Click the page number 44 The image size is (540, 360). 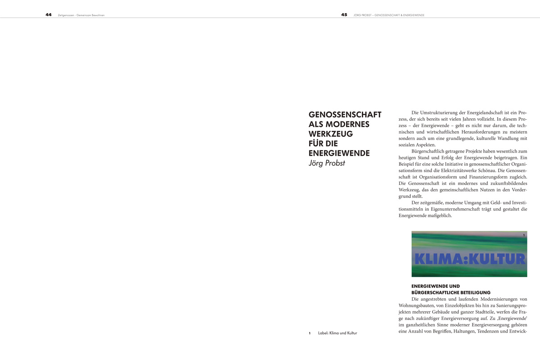(49, 15)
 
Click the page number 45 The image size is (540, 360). (344, 15)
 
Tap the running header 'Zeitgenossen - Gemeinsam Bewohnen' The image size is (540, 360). (81, 15)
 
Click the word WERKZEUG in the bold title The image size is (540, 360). (331, 134)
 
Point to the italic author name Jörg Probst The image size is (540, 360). (327, 163)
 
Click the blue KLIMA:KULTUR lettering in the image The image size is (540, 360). (469, 259)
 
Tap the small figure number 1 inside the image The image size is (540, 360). (524, 235)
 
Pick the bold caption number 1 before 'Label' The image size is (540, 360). (310, 333)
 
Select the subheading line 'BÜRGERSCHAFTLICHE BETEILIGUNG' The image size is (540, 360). (451, 292)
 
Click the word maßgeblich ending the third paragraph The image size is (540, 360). (438, 216)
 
